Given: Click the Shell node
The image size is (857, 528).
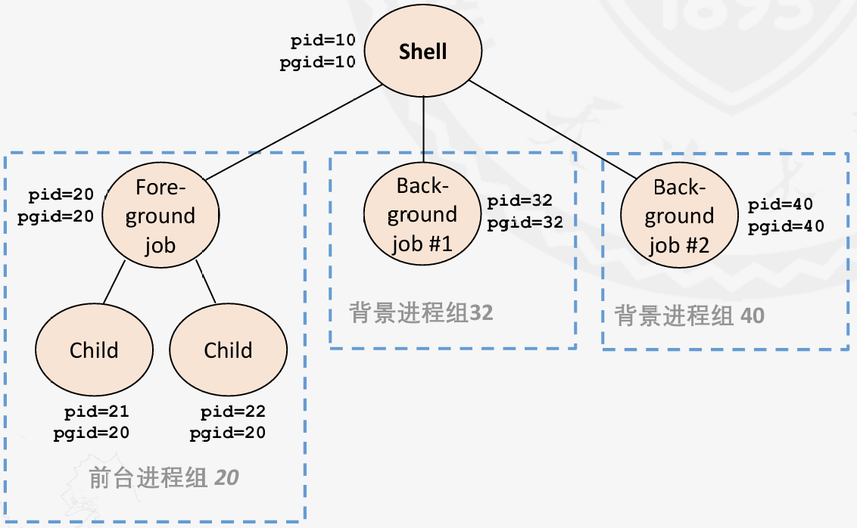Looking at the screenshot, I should click(423, 52).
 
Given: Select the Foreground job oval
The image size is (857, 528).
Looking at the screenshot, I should click(160, 216).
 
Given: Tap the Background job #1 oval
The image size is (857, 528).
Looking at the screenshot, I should click(422, 215).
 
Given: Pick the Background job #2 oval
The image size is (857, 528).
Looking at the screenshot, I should click(679, 216).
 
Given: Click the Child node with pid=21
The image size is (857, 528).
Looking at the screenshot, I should click(94, 350).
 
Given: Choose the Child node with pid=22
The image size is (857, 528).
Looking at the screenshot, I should click(228, 350).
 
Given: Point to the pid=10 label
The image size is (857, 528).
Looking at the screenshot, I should click(323, 42).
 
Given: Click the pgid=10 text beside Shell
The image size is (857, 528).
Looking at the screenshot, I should click(318, 63).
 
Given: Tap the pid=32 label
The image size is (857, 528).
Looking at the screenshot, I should click(519, 201).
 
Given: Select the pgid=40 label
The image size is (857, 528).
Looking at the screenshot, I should click(786, 225).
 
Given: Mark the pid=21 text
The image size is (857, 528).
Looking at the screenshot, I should click(96, 412).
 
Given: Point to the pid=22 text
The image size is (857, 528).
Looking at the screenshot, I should click(232, 412).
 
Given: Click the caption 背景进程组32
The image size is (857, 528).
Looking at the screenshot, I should click(421, 313).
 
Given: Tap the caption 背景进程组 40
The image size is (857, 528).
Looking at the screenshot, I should click(689, 315).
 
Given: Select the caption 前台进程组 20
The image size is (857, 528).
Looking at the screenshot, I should click(164, 478).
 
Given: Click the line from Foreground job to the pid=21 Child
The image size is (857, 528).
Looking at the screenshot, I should click(114, 282).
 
